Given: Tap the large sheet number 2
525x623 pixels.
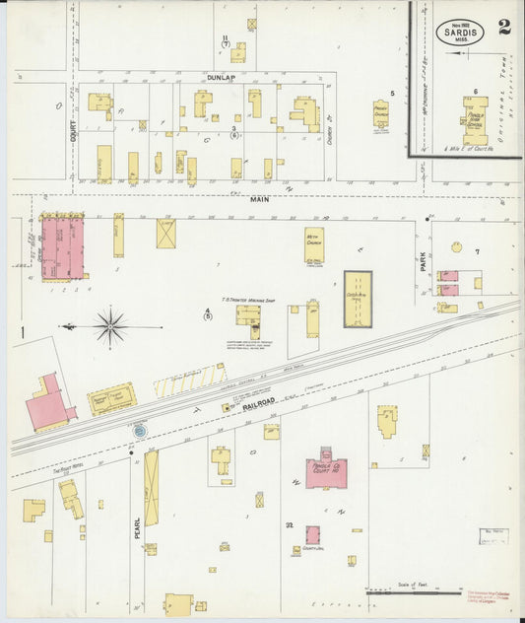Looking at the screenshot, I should coord(504,27).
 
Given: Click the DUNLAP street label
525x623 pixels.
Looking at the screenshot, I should coord(222,77).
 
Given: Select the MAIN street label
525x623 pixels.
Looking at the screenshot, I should coord(259,199).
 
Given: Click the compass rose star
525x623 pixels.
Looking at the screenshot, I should coord(110,325).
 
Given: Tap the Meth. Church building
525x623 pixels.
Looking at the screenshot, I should coord(314,244).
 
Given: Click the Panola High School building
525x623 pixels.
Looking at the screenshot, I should coord(475,119).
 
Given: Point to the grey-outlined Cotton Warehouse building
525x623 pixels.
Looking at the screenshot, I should coord(358,299).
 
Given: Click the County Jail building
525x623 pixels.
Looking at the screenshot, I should coord(312,534).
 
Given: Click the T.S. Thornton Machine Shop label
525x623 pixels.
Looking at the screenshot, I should coord(246,298).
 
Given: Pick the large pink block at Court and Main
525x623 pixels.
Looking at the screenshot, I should coord(61,248).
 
